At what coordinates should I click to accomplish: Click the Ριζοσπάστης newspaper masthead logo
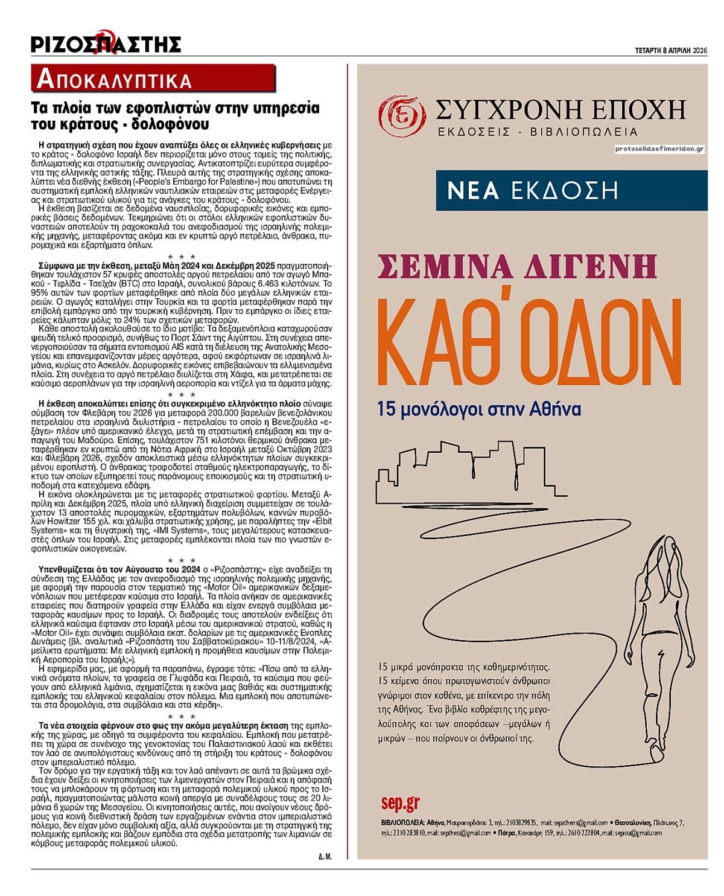click(106, 43)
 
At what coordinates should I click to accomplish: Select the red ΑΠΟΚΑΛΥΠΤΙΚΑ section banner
click(154, 79)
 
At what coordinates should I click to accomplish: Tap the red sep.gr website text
click(400, 802)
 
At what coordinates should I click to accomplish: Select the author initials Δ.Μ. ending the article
click(324, 857)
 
